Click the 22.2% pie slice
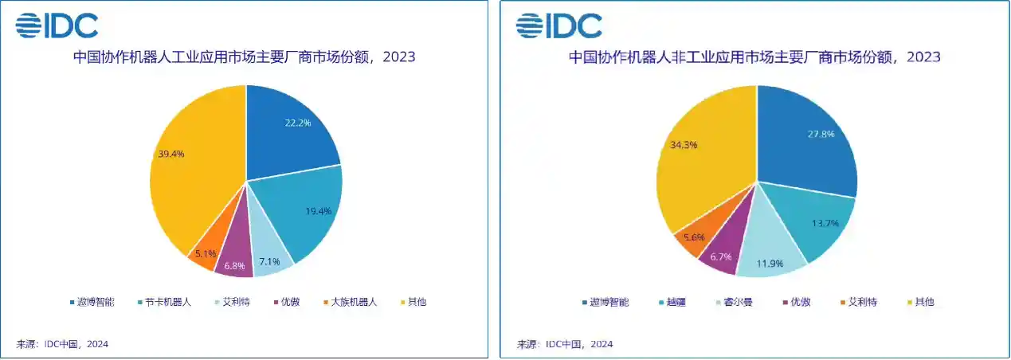(x=291, y=131)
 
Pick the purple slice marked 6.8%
(x=236, y=260)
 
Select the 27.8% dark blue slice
(x=805, y=139)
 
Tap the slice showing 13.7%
(x=817, y=223)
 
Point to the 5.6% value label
(x=693, y=237)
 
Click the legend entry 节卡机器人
(x=163, y=303)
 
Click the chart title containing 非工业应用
(x=754, y=57)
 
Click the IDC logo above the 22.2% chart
(x=57, y=25)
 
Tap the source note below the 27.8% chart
(x=565, y=344)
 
